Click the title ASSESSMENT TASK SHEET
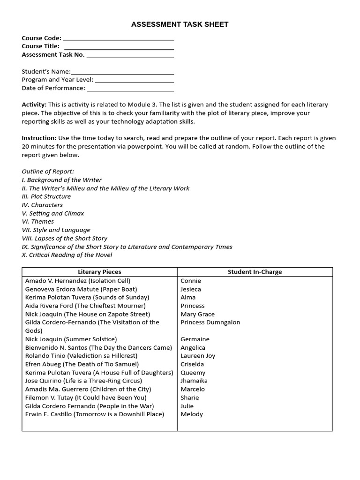tap(180, 24)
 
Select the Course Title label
tap(41, 46)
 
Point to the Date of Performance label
tap(53, 88)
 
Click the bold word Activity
tap(34, 105)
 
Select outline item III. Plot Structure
tap(46, 196)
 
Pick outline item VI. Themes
tap(38, 221)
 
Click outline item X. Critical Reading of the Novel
tap(67, 255)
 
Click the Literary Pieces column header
tap(99, 272)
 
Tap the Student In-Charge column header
tap(255, 272)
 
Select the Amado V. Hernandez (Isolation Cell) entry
tap(78, 281)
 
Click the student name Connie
tap(191, 281)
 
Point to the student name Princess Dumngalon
tap(210, 322)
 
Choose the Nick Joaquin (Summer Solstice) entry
tap(71, 339)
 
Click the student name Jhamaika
tap(194, 381)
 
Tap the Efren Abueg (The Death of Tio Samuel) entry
tap(82, 364)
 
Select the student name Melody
tap(192, 414)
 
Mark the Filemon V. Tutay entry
tap(86, 397)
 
